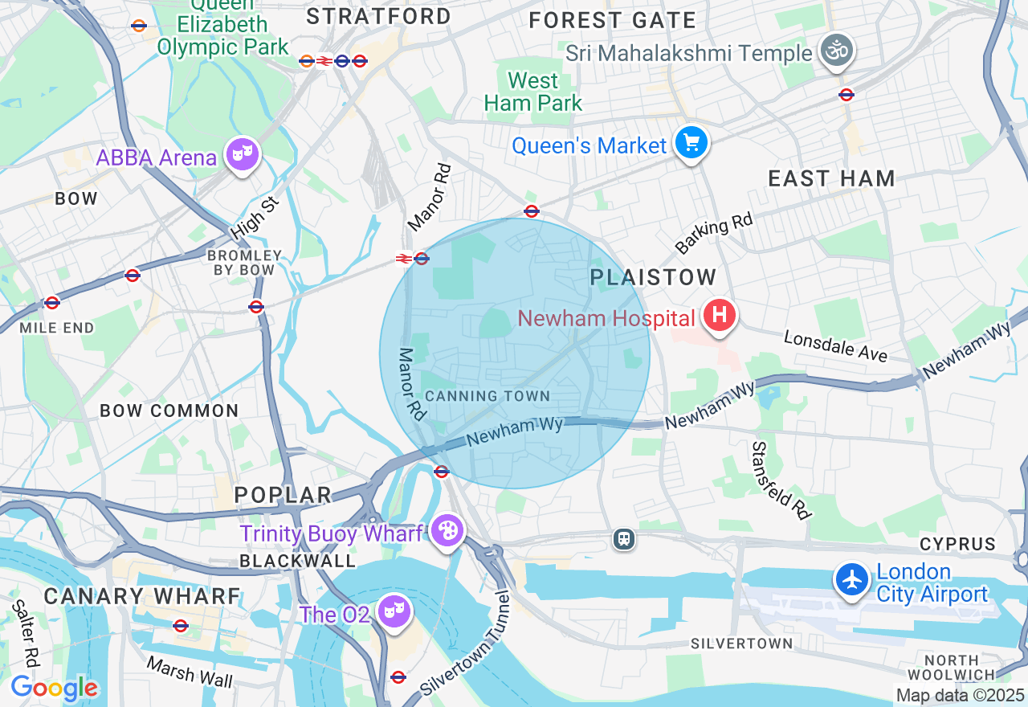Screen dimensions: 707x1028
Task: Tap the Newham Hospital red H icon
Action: click(x=720, y=313)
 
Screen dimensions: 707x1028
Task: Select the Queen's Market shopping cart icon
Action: click(x=691, y=142)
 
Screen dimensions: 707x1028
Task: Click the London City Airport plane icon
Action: click(x=851, y=579)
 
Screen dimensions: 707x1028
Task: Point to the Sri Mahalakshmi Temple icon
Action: click(x=836, y=50)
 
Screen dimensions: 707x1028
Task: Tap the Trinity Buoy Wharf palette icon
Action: click(x=447, y=530)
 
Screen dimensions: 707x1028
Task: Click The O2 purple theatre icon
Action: click(x=394, y=611)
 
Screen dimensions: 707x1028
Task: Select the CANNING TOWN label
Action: click(x=487, y=396)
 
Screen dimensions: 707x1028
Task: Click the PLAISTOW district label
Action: click(x=653, y=278)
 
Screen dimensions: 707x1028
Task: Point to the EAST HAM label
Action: click(x=831, y=178)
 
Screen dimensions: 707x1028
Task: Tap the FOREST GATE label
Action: click(x=612, y=21)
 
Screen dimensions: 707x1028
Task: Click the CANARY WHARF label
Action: click(x=142, y=596)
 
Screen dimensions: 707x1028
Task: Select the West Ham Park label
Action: click(x=533, y=92)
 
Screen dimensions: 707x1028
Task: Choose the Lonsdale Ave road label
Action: click(x=835, y=346)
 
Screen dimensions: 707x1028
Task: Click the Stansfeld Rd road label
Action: click(x=781, y=480)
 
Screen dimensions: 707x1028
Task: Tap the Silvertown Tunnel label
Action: click(x=466, y=645)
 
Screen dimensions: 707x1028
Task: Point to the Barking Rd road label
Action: click(x=714, y=233)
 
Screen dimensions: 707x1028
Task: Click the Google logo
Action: click(x=54, y=688)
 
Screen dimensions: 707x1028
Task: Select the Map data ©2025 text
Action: click(x=960, y=695)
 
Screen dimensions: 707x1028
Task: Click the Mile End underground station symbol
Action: click(x=52, y=303)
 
